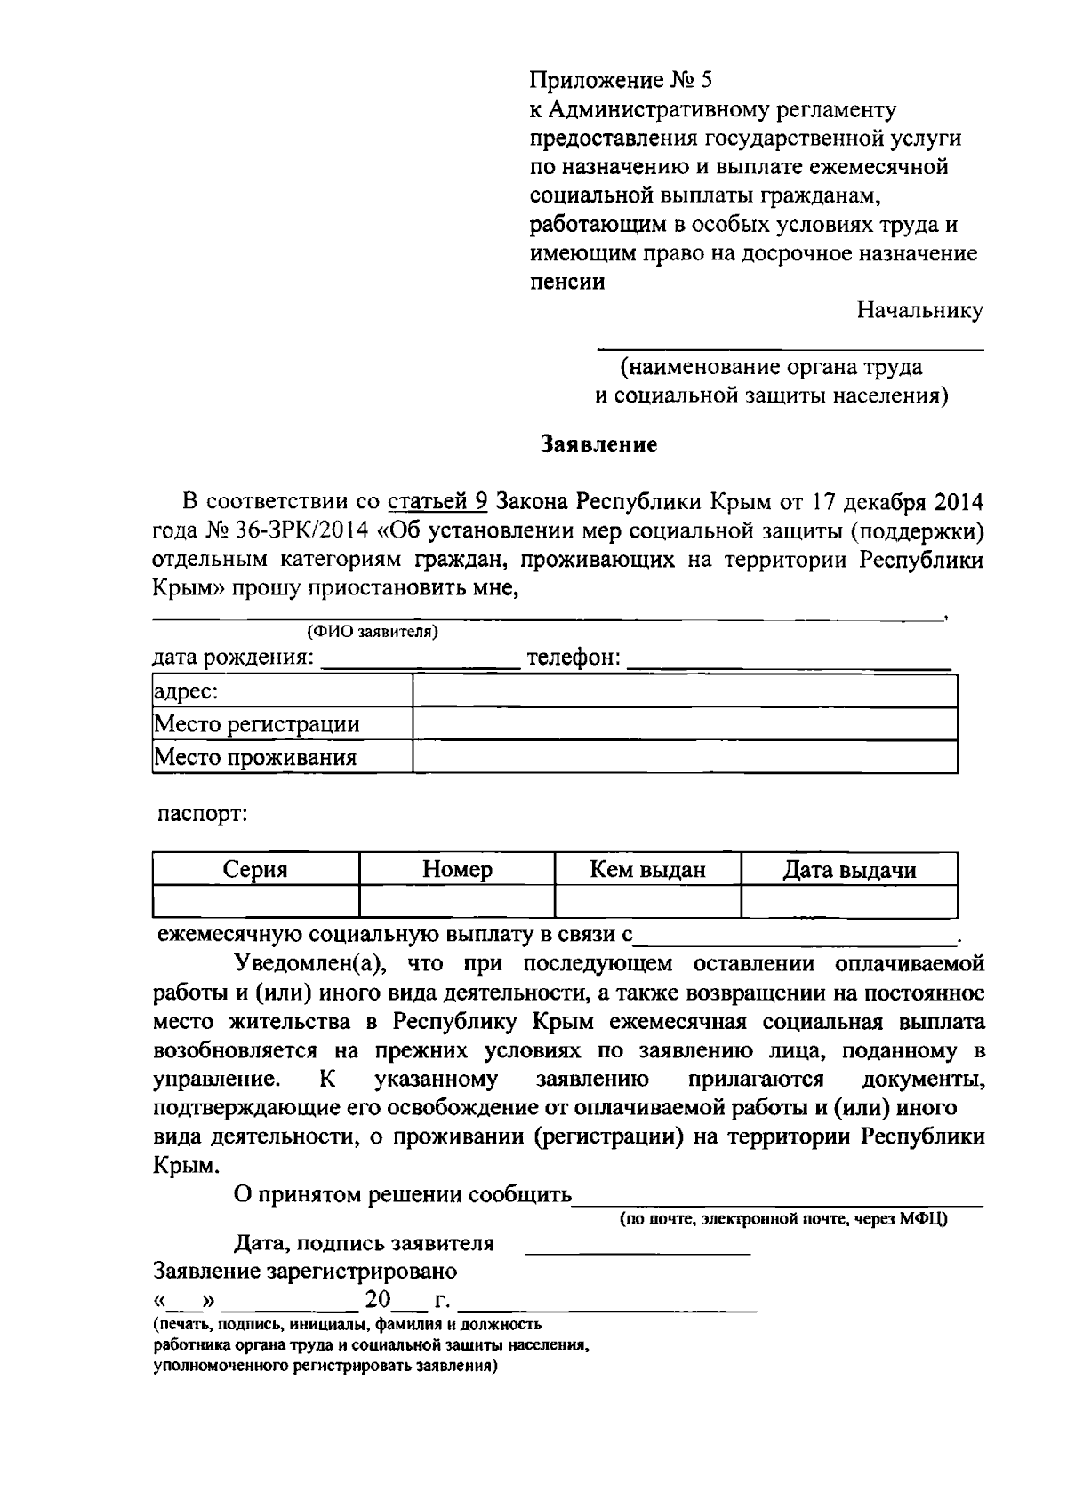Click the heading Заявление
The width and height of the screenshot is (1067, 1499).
pyautogui.click(x=600, y=445)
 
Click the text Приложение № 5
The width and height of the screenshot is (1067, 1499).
pyautogui.click(x=621, y=81)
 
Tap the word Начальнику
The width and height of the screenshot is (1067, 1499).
pyautogui.click(x=919, y=310)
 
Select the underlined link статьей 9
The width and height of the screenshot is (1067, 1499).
pyautogui.click(x=437, y=502)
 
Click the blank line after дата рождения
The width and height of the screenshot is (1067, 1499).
pyautogui.click(x=420, y=661)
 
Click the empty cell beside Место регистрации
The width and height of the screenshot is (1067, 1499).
pyautogui.click(x=685, y=724)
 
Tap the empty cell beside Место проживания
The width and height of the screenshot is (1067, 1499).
pyautogui.click(x=685, y=757)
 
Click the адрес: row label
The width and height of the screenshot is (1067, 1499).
pyautogui.click(x=188, y=691)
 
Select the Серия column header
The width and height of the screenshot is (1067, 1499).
pyautogui.click(x=255, y=870)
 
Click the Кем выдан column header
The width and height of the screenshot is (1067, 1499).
pyautogui.click(x=647, y=870)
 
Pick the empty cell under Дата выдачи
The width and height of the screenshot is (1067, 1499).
pyautogui.click(x=849, y=901)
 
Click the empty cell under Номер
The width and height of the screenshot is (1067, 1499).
pyautogui.click(x=457, y=901)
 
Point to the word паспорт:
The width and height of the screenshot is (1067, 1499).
pyautogui.click(x=202, y=813)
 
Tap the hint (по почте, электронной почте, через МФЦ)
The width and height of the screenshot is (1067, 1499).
pyautogui.click(x=783, y=1219)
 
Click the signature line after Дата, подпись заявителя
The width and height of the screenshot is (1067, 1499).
pyautogui.click(x=638, y=1246)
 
